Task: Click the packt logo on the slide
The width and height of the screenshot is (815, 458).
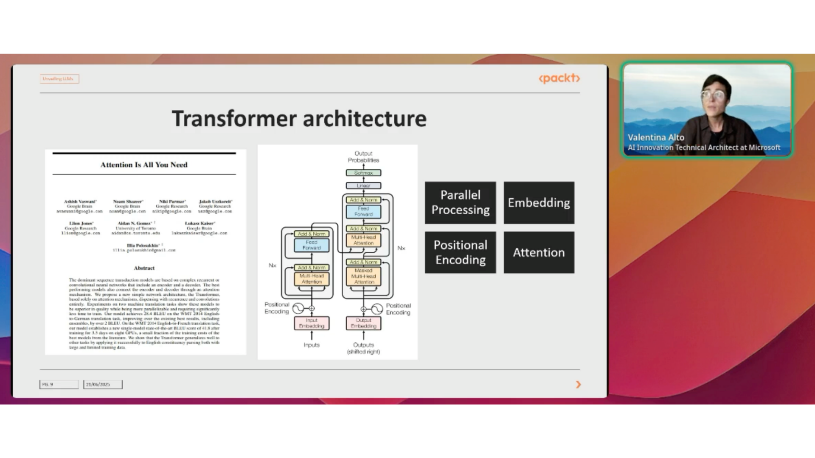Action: [559, 78]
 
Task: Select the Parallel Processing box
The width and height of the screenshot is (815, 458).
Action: [460, 203]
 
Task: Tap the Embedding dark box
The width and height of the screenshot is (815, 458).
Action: [539, 203]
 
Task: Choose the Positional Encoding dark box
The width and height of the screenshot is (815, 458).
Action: [460, 252]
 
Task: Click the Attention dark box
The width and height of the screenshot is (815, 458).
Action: [539, 252]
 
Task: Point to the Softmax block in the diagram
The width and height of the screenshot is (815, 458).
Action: [363, 173]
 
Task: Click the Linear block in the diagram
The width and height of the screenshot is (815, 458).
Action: [363, 186]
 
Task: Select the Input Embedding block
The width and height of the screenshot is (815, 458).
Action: [312, 324]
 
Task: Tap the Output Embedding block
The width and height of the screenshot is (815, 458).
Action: [363, 324]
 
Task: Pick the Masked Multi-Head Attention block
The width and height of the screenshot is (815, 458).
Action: [363, 276]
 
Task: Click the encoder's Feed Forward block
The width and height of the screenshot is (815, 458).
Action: [312, 245]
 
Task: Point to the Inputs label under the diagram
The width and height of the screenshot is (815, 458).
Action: [312, 345]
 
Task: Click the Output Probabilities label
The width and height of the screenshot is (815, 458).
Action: [363, 157]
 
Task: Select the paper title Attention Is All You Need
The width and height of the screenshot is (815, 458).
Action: [144, 165]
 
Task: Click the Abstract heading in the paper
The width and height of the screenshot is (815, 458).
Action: [144, 268]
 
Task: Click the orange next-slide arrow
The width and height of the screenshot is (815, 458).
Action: [578, 385]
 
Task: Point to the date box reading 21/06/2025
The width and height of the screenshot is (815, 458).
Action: [103, 385]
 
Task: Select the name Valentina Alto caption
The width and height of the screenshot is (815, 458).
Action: [656, 137]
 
